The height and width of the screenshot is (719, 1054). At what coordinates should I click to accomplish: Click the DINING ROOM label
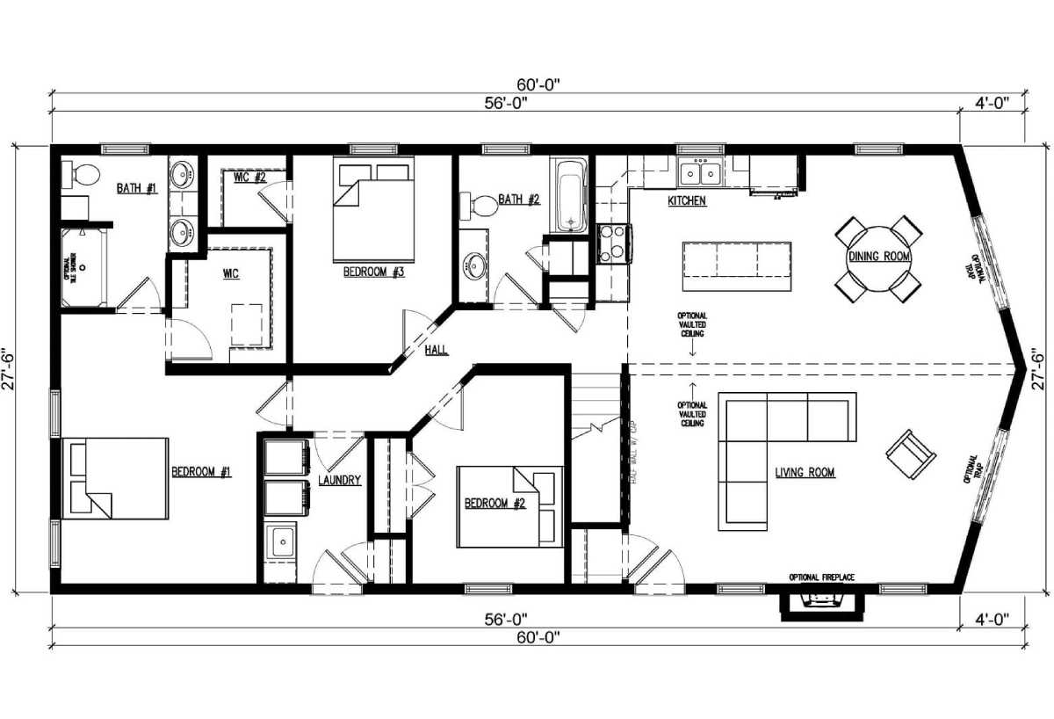pyautogui.click(x=878, y=257)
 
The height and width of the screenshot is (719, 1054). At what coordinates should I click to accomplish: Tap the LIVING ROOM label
pyautogui.click(x=805, y=473)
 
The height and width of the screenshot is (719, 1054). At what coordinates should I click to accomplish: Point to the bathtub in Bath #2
pyautogui.click(x=568, y=196)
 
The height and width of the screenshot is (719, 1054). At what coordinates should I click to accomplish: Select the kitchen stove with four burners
pyautogui.click(x=613, y=243)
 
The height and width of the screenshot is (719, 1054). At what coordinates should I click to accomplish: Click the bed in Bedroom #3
pyautogui.click(x=373, y=209)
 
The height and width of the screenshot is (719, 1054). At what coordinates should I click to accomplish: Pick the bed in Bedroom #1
pyautogui.click(x=114, y=478)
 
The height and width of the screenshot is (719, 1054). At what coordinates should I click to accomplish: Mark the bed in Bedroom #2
pyautogui.click(x=509, y=506)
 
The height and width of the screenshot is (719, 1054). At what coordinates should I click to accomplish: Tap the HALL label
pyautogui.click(x=437, y=351)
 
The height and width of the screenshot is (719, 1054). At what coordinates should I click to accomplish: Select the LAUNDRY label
pyautogui.click(x=339, y=481)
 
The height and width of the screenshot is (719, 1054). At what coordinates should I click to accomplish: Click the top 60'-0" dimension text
pyautogui.click(x=538, y=84)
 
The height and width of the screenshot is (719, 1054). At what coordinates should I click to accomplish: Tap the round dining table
pyautogui.click(x=878, y=257)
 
